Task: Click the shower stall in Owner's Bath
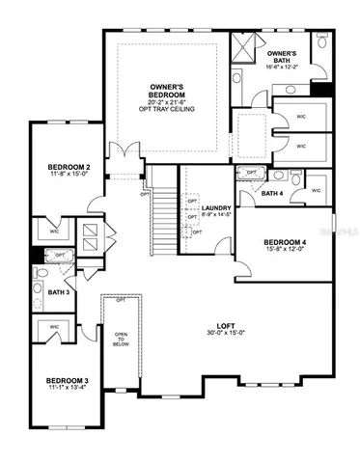(x=252, y=46)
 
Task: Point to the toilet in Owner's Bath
(x=315, y=43)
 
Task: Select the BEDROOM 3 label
(x=67, y=383)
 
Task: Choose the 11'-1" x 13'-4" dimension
(x=67, y=392)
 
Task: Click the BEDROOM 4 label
(x=285, y=241)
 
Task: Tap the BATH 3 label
(x=57, y=292)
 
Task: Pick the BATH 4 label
(x=273, y=193)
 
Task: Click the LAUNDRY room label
(x=214, y=207)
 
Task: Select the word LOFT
(x=226, y=325)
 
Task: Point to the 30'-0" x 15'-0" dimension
(x=226, y=334)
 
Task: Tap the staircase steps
(x=167, y=217)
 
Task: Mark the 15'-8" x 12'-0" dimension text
(x=285, y=250)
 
